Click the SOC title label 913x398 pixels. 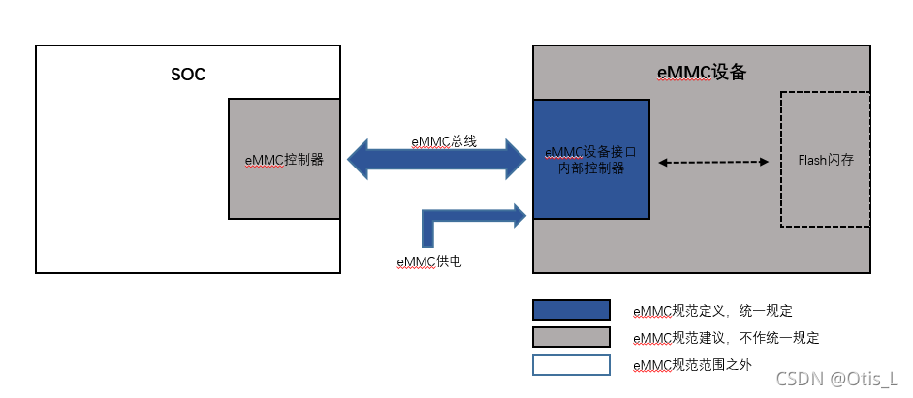pyautogui.click(x=187, y=75)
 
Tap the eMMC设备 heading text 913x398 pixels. pyautogui.click(x=701, y=73)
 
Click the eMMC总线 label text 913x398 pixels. pyautogui.click(x=443, y=141)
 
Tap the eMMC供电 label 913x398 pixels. pyautogui.click(x=428, y=261)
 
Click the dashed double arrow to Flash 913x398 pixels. pyautogui.click(x=713, y=161)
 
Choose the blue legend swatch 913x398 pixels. pyautogui.click(x=571, y=310)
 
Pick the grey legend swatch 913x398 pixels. pyautogui.click(x=571, y=337)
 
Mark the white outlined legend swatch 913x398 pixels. pyautogui.click(x=571, y=365)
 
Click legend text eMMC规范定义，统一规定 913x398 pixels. pyautogui.click(x=712, y=311)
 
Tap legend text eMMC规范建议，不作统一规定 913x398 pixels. pyautogui.click(x=726, y=338)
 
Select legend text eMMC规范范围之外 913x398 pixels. pyautogui.click(x=691, y=365)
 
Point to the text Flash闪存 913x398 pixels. pyautogui.click(x=825, y=161)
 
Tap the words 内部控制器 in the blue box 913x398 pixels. pyautogui.click(x=589, y=168)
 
